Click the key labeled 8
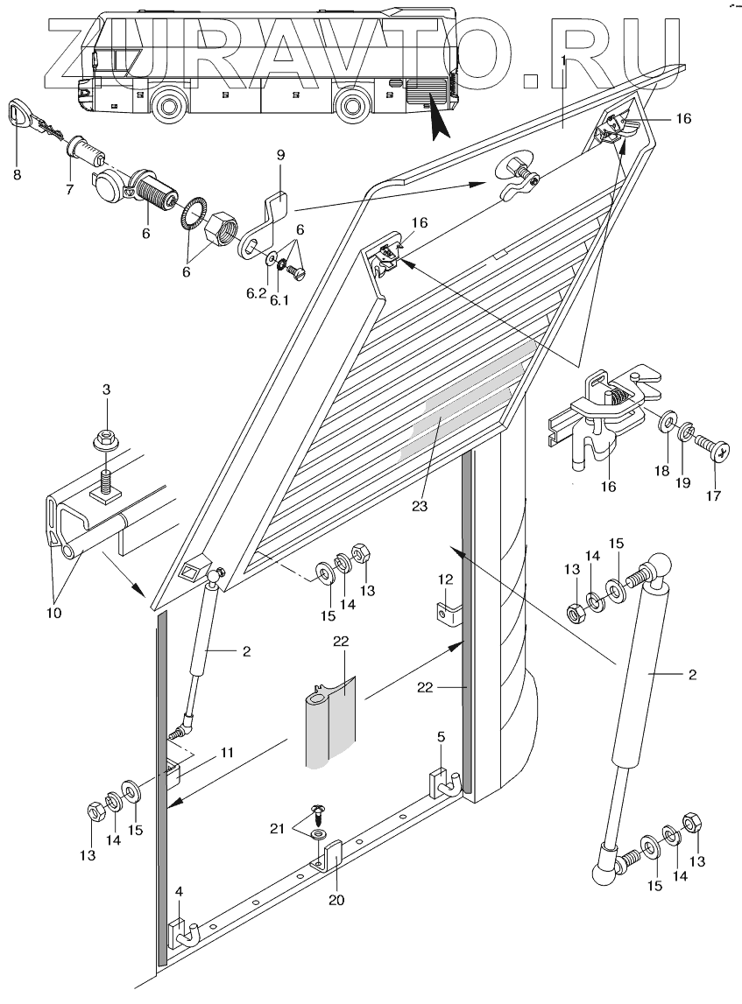click(x=19, y=114)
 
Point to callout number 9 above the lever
click(x=280, y=156)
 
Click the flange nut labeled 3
click(x=104, y=435)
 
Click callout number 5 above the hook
click(x=442, y=737)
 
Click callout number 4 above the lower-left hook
click(x=179, y=891)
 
